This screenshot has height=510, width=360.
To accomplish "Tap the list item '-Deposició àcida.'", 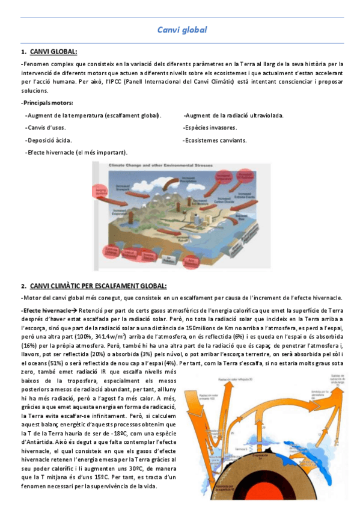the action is point(49,140).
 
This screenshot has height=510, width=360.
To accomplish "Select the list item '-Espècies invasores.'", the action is point(210,127).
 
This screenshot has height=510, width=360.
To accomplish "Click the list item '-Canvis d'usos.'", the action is point(46,127).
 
